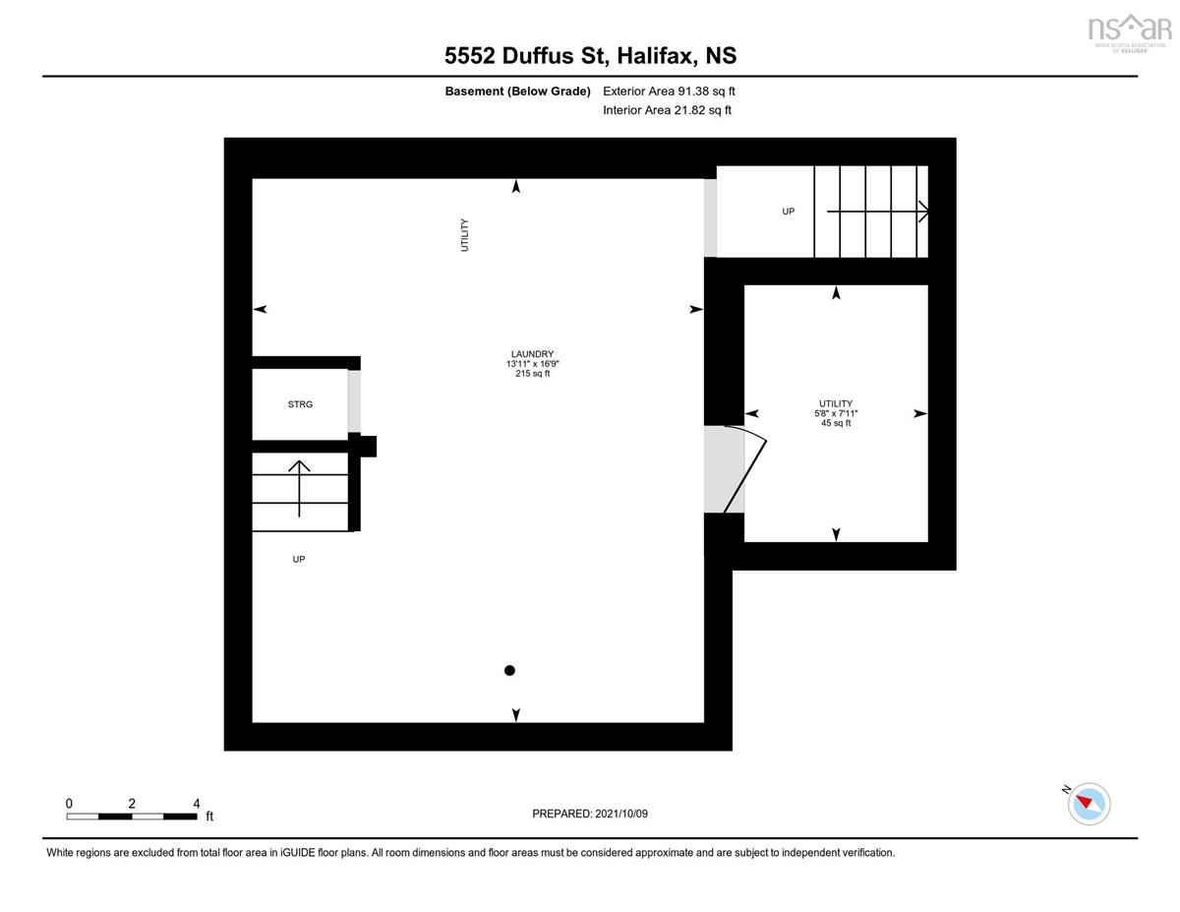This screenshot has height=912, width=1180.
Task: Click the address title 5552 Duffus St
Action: point(590,56)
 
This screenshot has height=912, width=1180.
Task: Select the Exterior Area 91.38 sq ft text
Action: point(669,91)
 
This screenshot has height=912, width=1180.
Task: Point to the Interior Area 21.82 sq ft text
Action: point(667,110)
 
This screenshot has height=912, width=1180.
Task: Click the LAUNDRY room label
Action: point(532,354)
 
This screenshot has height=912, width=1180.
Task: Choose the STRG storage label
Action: point(300,404)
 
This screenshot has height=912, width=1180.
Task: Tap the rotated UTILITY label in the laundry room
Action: point(465,235)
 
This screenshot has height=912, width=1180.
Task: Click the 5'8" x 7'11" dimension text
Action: point(835,413)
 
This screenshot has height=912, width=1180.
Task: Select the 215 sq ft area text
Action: point(532,374)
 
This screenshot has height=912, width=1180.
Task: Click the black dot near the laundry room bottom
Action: point(509,671)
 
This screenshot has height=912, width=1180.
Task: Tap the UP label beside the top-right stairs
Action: point(788,212)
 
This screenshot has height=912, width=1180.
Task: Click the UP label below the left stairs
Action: point(299,560)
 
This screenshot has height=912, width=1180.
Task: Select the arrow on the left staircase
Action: point(300,487)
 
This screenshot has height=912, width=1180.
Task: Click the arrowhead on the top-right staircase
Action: point(923,211)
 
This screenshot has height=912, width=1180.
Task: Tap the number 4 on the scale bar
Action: point(196,803)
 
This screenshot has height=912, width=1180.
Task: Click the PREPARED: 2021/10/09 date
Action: point(590,814)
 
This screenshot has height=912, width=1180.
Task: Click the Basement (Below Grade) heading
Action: point(517,91)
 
